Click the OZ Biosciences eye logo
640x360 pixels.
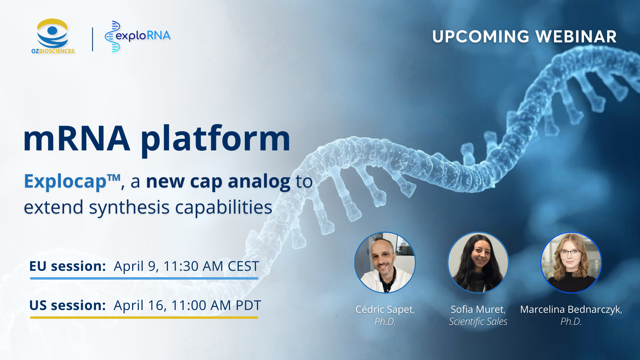tap(52, 33)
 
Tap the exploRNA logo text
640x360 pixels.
tap(143, 36)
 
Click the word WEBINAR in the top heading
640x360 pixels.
tap(576, 36)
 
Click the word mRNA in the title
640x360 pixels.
tap(77, 139)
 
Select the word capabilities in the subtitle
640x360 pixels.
tap(224, 208)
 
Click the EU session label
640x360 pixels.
tap(68, 266)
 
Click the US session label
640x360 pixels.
tap(68, 305)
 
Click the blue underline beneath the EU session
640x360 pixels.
tap(144, 278)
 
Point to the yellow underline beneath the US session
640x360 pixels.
tap(144, 318)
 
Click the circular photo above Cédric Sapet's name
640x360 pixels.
tap(385, 262)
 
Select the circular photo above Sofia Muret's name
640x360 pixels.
tap(478, 262)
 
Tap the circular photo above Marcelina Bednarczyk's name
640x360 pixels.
tap(571, 262)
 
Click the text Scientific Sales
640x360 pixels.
tap(478, 322)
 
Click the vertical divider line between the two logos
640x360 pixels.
tap(92, 39)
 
